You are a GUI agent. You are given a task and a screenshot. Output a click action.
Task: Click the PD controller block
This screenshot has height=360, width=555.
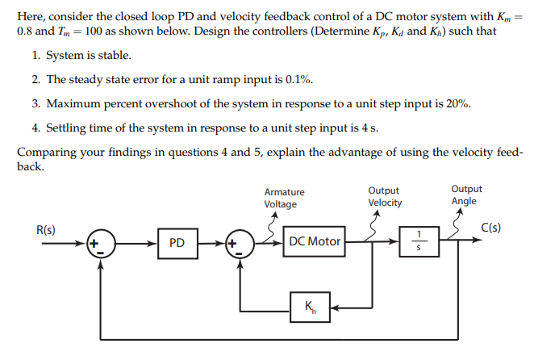tap(177, 242)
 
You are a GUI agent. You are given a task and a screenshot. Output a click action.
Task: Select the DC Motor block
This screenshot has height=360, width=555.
tap(314, 241)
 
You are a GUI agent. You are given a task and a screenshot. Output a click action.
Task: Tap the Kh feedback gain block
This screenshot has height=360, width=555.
tap(310, 307)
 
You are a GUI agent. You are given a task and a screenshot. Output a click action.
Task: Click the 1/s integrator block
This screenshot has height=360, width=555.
tap(418, 241)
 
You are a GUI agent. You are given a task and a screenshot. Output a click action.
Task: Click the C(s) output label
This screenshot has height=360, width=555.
tap(490, 228)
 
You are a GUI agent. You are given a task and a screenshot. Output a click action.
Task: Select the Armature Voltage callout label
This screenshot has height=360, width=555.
tap(284, 198)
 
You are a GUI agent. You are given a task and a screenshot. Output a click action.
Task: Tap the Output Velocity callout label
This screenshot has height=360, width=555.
tap(385, 196)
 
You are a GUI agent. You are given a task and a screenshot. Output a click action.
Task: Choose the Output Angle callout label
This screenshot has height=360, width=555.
tap(466, 195)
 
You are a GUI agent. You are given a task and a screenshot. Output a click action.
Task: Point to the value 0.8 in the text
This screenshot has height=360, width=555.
tap(25, 30)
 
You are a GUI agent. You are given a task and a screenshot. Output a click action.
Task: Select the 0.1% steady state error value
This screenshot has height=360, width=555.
tap(298, 81)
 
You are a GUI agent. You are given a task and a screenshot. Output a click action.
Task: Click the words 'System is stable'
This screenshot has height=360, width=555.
tap(88, 56)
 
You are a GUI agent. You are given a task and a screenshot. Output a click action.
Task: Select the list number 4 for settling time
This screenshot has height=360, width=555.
tap(36, 128)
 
